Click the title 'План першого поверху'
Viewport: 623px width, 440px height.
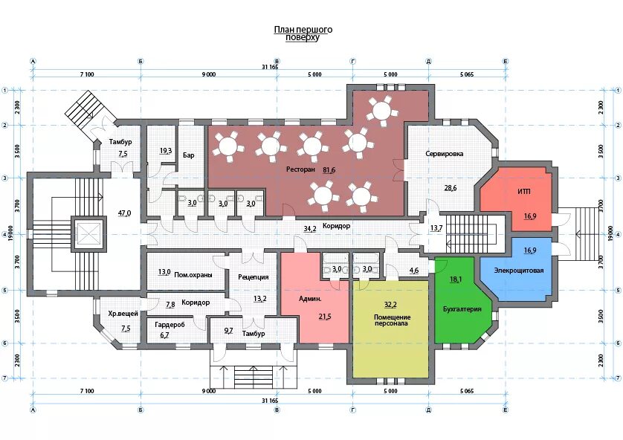(303, 33)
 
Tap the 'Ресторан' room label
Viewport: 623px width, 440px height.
(300, 169)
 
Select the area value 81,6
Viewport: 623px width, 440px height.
(329, 170)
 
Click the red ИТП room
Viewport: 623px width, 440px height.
(516, 198)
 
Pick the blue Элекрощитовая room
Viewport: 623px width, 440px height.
(517, 268)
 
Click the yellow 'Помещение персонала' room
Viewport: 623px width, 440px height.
(391, 329)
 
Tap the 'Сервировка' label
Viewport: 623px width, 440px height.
(445, 154)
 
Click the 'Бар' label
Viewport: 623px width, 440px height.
(189, 155)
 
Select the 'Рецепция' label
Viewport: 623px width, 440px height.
(254, 277)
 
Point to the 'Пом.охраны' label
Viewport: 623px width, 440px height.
(193, 275)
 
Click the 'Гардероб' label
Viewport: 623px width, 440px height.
(170, 325)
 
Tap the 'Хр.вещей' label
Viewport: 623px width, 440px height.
(123, 314)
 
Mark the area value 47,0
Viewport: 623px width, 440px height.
(124, 213)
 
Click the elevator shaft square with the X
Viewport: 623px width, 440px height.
(89, 234)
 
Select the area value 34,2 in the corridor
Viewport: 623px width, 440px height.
(310, 228)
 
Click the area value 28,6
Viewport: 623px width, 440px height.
(451, 188)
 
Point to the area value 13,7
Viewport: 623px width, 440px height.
(436, 228)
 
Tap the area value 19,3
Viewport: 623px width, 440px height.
(166, 151)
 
